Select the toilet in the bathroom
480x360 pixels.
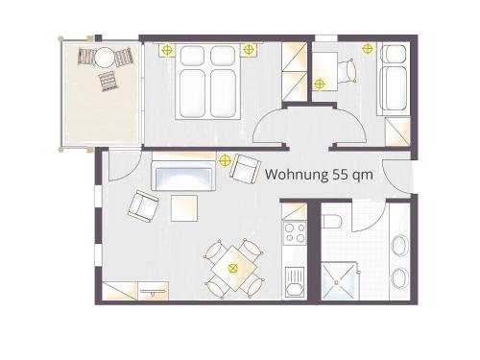[x=332, y=222]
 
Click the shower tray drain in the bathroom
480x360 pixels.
[x=336, y=282]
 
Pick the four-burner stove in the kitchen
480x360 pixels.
[x=295, y=232]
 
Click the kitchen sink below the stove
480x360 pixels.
[x=295, y=282]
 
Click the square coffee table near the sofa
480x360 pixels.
[x=184, y=208]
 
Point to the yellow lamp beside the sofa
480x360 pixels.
[x=225, y=159]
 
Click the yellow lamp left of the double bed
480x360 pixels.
[x=167, y=50]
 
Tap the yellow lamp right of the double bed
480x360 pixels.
[x=248, y=49]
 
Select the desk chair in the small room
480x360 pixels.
[x=348, y=71]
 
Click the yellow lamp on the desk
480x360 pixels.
[x=319, y=84]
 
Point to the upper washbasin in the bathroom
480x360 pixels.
[x=399, y=246]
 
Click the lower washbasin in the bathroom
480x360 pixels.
[x=399, y=277]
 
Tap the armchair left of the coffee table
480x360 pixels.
[x=144, y=205]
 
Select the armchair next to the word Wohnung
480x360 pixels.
[x=245, y=169]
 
